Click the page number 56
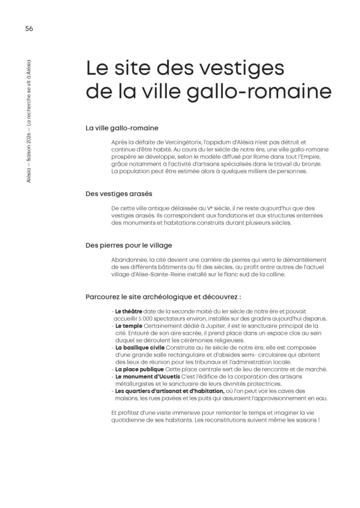click(29, 28)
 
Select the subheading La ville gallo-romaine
click(122, 128)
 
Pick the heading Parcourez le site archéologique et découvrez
click(163, 297)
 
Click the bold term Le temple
click(128, 326)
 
